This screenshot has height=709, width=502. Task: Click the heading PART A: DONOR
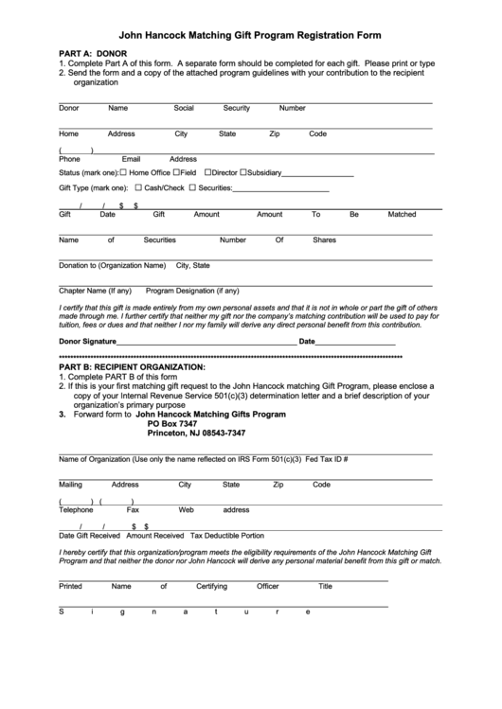pos(92,53)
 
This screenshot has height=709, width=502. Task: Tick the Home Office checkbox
pos(123,172)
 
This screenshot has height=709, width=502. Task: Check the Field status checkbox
pos(175,172)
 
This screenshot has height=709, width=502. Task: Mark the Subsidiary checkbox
pos(243,172)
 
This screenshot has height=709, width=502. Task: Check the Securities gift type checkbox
pos(192,187)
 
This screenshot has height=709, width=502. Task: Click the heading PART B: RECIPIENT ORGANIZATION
pos(132,365)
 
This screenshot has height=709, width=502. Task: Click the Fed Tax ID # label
pos(327,459)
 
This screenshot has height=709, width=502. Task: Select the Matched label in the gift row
pos(402,214)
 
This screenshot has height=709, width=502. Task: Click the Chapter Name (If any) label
pos(95,291)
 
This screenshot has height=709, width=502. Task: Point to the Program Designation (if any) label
pos(192,291)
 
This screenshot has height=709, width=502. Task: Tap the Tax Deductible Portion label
pos(227,535)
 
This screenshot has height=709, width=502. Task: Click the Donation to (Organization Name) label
pos(112,265)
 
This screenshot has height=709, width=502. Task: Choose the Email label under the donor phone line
pos(131,159)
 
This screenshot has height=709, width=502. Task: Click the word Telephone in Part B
pos(76,509)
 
